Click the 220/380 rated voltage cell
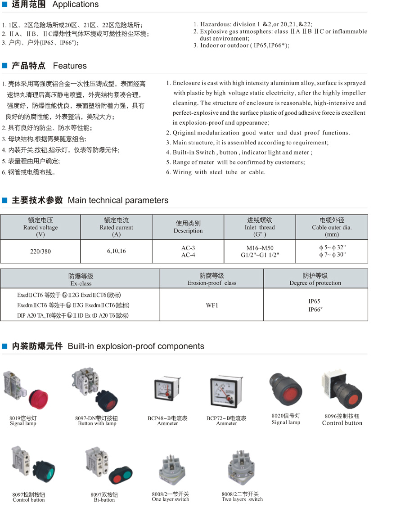click(40, 252)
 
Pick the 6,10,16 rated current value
click(117, 251)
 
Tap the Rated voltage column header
click(40, 227)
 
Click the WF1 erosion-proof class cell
click(212, 305)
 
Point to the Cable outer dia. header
click(332, 227)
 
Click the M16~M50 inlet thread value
click(260, 248)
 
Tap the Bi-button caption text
click(104, 500)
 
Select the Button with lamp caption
click(97, 424)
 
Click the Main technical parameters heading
click(90, 201)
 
